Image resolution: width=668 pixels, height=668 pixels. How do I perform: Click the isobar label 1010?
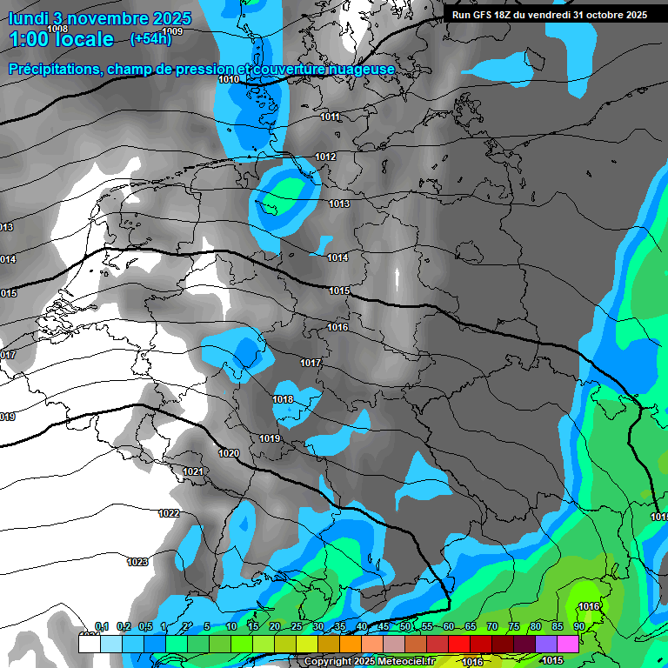point(229,79)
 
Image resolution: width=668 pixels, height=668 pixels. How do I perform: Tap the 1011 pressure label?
point(330,117)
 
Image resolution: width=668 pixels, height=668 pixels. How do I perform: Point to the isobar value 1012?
point(325,157)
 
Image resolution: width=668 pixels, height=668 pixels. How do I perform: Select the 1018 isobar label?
point(283,399)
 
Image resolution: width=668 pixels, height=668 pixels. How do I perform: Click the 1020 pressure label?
point(229,453)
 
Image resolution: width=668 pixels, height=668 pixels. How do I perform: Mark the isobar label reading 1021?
point(193,471)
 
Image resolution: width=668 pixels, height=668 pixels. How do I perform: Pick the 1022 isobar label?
point(169,513)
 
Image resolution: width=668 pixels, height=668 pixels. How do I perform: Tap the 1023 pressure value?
point(137,562)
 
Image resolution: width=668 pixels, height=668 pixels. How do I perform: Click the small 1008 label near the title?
point(57,29)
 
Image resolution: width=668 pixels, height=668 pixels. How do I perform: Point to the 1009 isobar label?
point(172,31)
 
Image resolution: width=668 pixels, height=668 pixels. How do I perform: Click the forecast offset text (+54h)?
point(150,39)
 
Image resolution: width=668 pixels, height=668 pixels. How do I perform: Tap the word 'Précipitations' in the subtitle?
point(51,69)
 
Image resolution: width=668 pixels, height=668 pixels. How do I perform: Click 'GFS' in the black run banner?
point(491,15)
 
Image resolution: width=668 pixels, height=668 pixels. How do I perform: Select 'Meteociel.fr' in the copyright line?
point(404,661)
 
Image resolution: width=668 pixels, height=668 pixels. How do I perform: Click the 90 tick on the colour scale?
point(578,626)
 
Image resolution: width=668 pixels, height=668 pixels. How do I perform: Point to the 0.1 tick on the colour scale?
point(101,626)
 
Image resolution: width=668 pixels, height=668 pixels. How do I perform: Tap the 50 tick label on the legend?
point(405,626)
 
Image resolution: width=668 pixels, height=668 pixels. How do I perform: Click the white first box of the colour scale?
point(89,644)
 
